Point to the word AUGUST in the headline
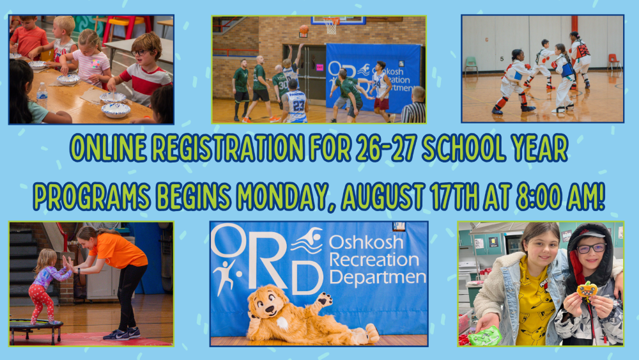382,197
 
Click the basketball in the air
304,29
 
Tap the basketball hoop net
331,26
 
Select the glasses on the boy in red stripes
139,52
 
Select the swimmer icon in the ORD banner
307,240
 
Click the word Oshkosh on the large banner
366,242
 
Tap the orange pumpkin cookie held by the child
587,290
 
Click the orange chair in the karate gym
613,62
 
